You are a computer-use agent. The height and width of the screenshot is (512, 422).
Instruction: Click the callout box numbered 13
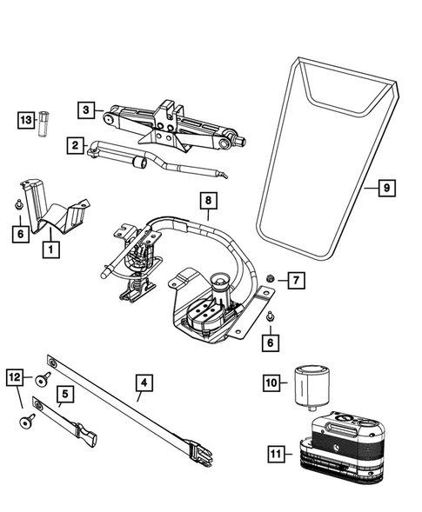coord(26,120)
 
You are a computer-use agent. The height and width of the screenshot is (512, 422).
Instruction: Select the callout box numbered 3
coord(86,110)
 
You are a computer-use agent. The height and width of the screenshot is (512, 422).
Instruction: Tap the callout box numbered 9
coord(387,188)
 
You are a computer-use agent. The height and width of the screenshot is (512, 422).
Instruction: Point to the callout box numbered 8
coord(209,201)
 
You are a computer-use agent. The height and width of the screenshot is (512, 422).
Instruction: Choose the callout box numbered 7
coord(296,280)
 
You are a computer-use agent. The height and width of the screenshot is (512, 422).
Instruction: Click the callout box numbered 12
coord(15,377)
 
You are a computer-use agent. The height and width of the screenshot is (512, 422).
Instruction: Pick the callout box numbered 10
coord(271,382)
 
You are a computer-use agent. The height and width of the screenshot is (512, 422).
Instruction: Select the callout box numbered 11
coord(276,454)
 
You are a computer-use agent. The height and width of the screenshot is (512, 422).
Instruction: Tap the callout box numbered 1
coord(51,249)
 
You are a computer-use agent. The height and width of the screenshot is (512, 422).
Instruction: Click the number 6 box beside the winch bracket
coord(271,342)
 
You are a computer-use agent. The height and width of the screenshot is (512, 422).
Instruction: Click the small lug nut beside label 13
coord(43,124)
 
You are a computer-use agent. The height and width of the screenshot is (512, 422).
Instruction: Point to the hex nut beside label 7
coord(271,278)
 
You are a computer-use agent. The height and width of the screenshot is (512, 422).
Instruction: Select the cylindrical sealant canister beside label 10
coord(312,388)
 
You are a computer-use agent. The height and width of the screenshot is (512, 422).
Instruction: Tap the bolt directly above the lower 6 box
coord(270,316)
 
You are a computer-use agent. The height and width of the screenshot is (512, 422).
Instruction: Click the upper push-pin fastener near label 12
coord(43,380)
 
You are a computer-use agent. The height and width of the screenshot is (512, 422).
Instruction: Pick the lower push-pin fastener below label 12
coord(27,422)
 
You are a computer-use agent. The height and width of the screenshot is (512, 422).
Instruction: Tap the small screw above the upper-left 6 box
coord(18,205)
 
